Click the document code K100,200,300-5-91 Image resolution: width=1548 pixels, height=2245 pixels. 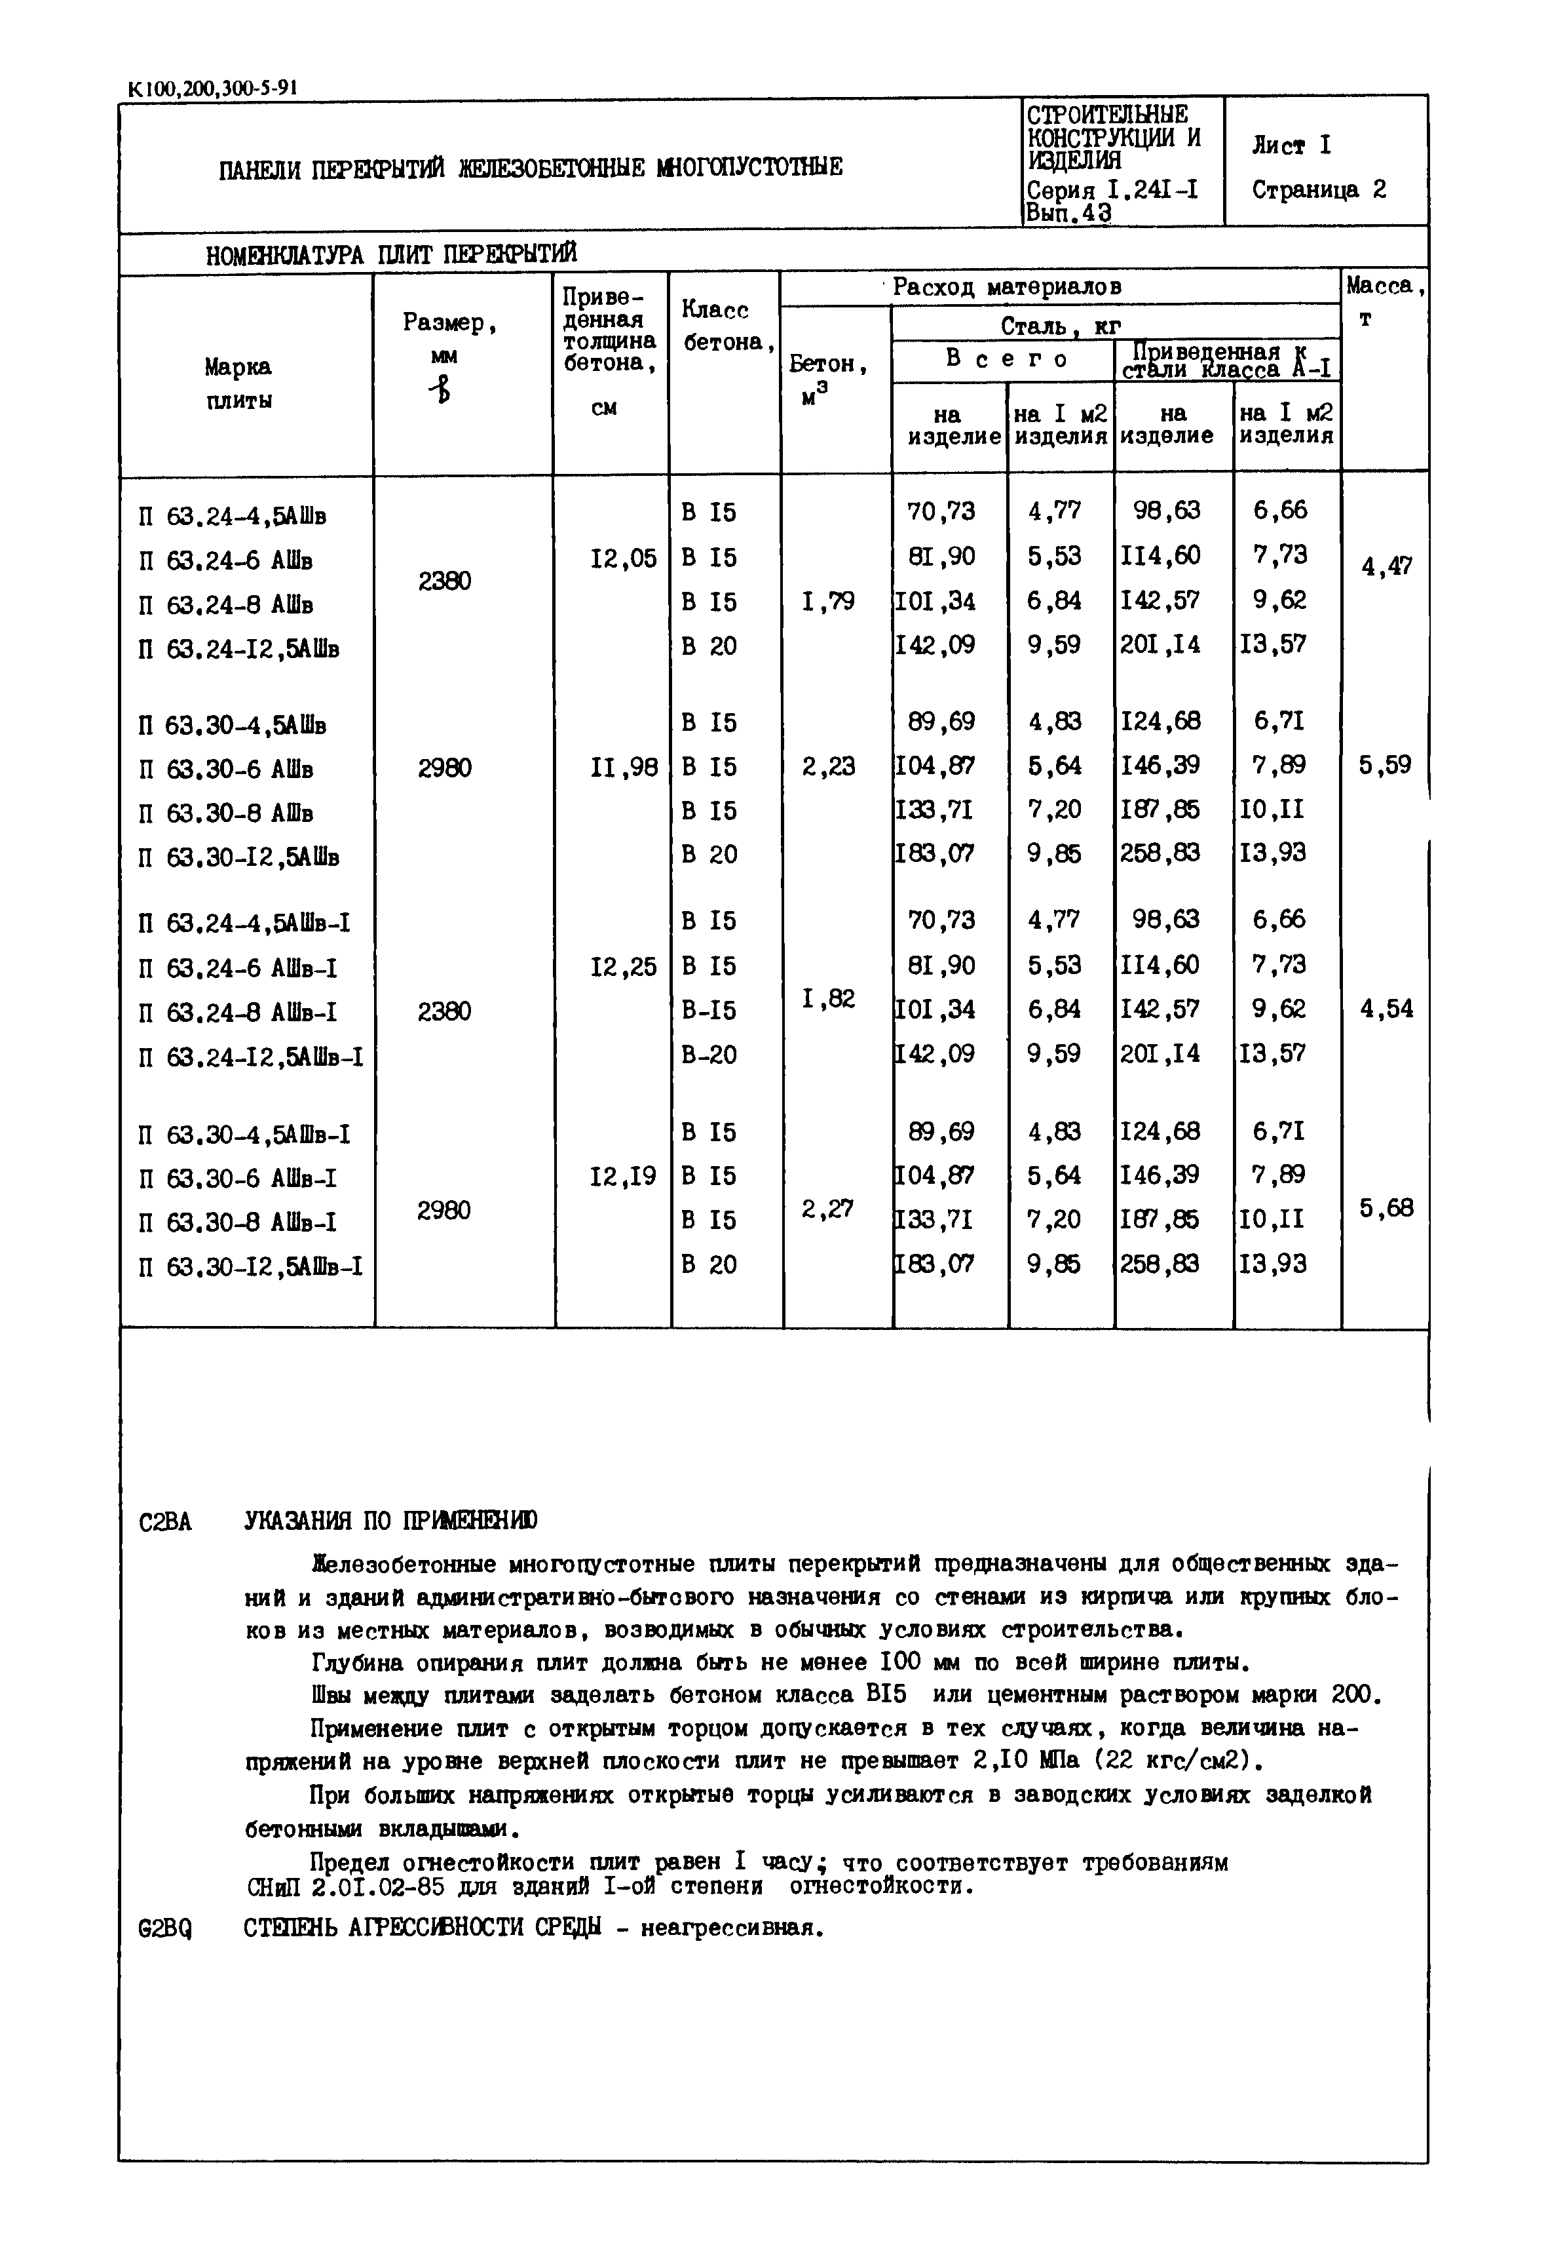click(212, 88)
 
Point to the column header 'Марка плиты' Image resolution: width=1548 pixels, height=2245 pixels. click(238, 383)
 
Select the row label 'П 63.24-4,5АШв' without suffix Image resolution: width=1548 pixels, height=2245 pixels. click(232, 515)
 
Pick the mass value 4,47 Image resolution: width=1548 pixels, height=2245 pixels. click(1386, 566)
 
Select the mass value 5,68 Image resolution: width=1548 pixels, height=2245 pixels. click(1386, 1209)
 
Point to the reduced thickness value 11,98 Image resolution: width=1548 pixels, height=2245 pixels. click(623, 768)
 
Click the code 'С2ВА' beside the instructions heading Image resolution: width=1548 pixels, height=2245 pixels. click(165, 1522)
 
